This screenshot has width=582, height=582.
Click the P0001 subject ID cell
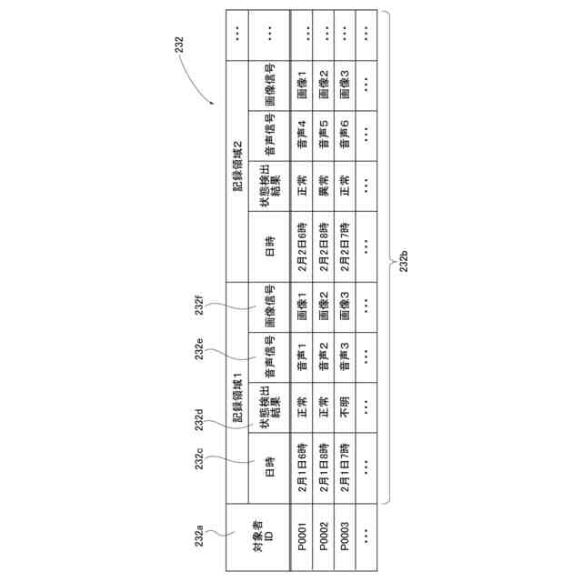click(302, 536)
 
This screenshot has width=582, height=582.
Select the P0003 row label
click(346, 536)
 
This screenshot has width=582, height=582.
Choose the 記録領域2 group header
click(238, 164)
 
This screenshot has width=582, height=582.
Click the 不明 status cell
click(346, 407)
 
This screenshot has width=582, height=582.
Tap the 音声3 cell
click(346, 357)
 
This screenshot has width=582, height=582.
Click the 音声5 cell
click(324, 136)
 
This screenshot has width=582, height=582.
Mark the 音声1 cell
click(302, 357)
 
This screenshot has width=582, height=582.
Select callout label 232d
click(203, 419)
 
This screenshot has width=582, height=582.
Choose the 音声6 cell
click(346, 136)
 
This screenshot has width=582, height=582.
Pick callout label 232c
click(203, 461)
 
